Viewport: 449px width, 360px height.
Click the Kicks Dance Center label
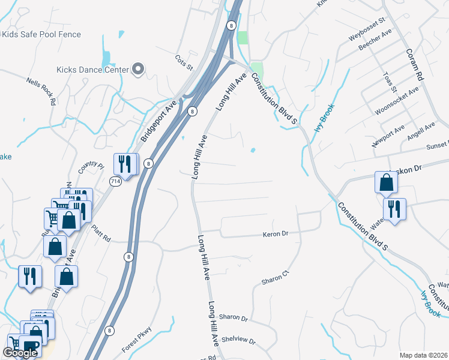(x=92, y=70)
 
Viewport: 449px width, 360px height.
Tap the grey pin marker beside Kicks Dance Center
(x=139, y=70)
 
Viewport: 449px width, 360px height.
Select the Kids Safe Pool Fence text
(x=41, y=34)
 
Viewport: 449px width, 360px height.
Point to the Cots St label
(x=183, y=61)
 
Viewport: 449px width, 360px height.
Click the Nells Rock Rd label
(x=41, y=91)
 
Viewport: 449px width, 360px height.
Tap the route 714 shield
(x=115, y=180)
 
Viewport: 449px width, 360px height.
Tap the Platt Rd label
(x=101, y=233)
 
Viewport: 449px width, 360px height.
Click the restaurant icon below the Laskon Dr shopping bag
(x=394, y=209)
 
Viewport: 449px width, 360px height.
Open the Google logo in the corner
(x=20, y=353)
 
